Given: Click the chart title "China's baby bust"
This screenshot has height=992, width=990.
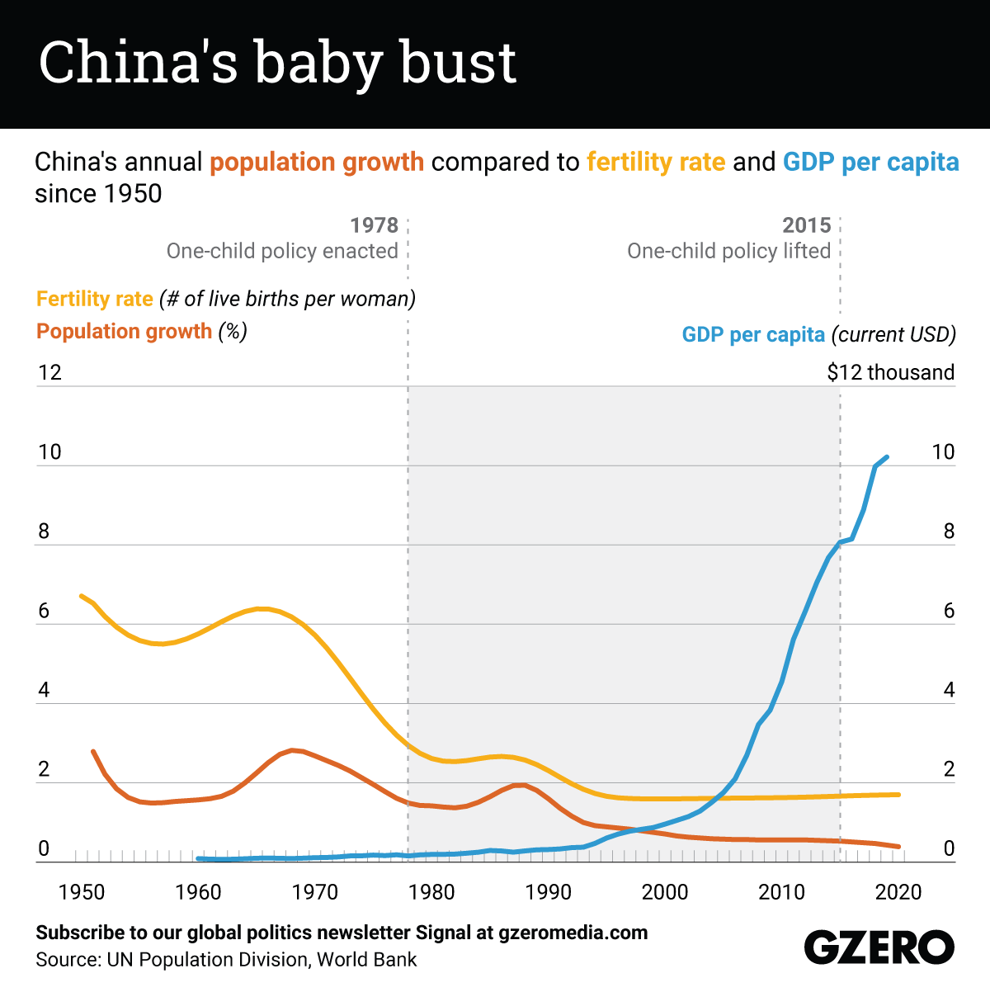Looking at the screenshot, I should coord(277,63).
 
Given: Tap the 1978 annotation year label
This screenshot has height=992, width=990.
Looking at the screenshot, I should coord(374,225).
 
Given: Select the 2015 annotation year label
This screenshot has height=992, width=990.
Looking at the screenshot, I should coord(807,225).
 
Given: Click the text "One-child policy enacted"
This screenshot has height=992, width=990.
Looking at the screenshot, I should coord(282,251).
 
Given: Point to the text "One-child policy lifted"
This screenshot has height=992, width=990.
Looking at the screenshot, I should coord(728,251).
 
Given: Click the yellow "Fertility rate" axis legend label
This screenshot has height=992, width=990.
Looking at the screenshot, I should coord(95,299).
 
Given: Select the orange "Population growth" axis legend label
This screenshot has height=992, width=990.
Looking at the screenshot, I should coord(125,332).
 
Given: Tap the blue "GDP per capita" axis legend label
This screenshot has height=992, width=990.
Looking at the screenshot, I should coord(753,334).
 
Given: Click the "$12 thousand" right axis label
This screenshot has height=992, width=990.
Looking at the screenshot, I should coord(890,372).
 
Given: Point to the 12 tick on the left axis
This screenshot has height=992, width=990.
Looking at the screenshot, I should coord(50,372).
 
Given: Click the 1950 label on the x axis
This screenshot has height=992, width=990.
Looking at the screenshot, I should coord(82,892).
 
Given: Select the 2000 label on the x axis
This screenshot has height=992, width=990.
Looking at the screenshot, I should coord(665,892).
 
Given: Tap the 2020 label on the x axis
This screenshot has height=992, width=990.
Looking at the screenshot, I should coord(898,892).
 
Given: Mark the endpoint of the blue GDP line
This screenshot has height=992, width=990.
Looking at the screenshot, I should coord(887,456).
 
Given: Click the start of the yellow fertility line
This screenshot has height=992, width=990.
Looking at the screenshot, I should coord(81,595).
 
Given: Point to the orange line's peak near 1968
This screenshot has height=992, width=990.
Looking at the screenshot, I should coord(293,749).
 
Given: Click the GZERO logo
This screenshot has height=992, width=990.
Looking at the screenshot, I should coord(879,947).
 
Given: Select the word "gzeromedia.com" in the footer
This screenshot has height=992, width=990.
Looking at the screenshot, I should coord(573,933).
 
